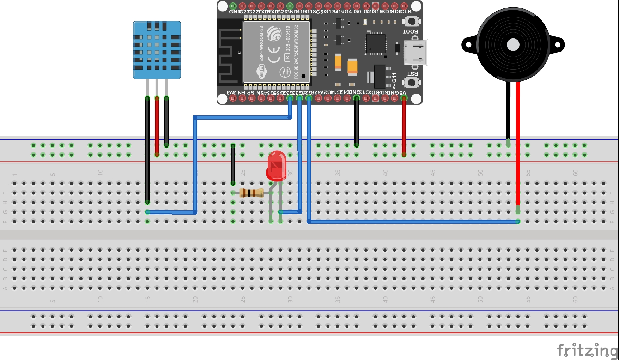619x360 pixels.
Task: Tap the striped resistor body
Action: [x=251, y=193]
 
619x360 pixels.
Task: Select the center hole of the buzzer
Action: [x=513, y=45]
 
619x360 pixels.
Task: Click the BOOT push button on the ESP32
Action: [x=411, y=21]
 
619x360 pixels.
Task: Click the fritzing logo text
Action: [x=587, y=350]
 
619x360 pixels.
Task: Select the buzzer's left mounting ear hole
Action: [x=468, y=45]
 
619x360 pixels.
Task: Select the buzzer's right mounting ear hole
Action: [x=558, y=45]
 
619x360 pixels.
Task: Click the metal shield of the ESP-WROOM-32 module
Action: [x=277, y=52]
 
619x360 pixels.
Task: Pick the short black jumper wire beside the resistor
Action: [x=233, y=164]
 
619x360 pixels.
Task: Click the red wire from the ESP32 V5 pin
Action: [x=404, y=127]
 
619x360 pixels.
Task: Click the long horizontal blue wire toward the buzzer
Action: [x=413, y=222]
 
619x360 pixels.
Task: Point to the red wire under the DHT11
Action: [x=157, y=125]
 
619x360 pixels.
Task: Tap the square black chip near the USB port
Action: [x=376, y=44]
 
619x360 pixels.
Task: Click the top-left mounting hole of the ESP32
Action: [x=223, y=6]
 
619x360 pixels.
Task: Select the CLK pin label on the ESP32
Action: [x=406, y=12]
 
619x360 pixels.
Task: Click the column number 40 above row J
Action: [x=385, y=173]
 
